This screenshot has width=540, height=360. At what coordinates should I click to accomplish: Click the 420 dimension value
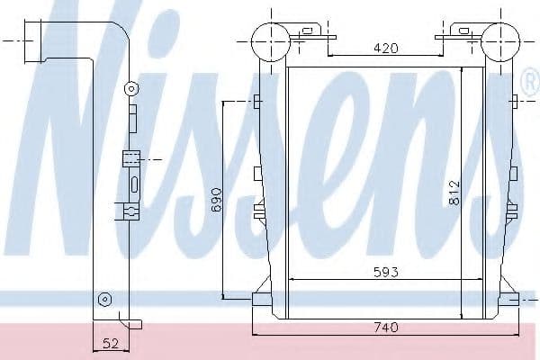386,48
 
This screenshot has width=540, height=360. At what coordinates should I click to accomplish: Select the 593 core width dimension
386,272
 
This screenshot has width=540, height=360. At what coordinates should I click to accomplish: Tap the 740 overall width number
386,327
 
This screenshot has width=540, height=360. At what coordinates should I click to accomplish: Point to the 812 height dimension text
454,193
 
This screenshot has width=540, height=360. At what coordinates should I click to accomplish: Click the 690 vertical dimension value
216,199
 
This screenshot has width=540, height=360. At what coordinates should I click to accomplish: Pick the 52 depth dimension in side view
111,343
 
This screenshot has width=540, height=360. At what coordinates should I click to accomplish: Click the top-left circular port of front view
270,41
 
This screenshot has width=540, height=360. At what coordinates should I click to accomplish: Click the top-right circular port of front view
500,41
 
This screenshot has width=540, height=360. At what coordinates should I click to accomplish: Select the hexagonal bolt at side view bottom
104,299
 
